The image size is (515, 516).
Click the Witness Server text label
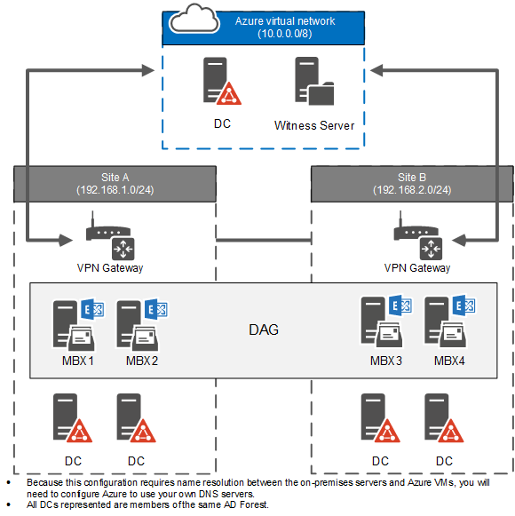coord(313,125)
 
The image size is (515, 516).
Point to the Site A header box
coord(115,183)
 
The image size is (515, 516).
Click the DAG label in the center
coord(264,329)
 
